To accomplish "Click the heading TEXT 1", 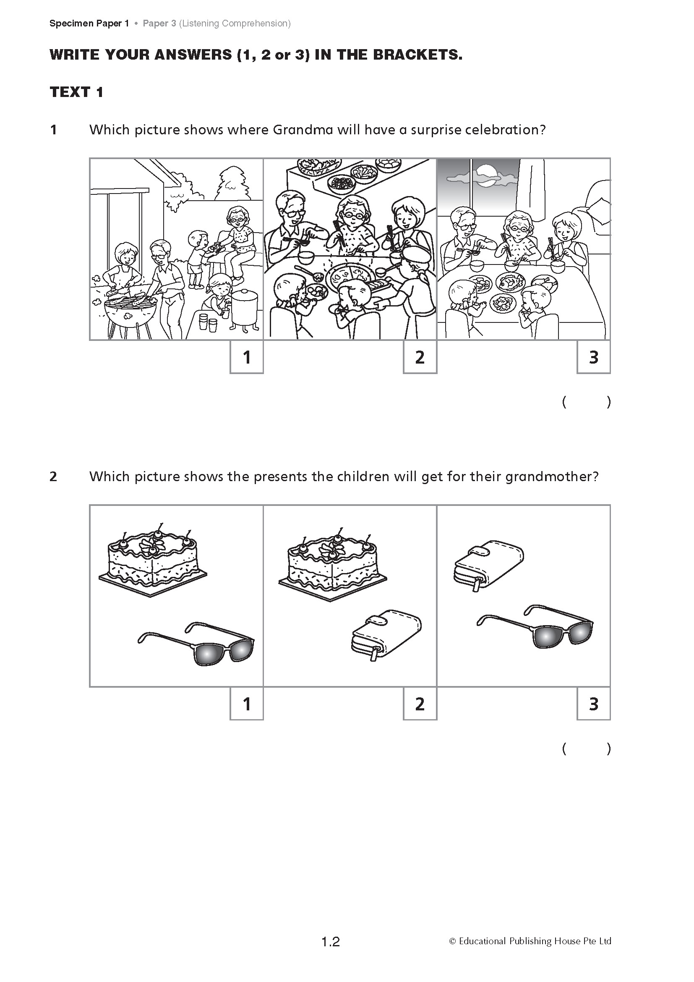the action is [x=76, y=92].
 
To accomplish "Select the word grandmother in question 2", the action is [x=551, y=477].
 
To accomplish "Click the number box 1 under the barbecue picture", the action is [x=247, y=357].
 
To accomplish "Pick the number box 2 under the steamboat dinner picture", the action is [x=420, y=357].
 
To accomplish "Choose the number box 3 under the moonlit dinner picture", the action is [x=594, y=357].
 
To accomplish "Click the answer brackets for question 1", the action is [x=587, y=402].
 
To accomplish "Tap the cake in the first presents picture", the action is [x=153, y=560].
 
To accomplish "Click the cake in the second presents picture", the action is [x=333, y=564].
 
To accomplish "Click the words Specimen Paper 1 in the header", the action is [x=89, y=24].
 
